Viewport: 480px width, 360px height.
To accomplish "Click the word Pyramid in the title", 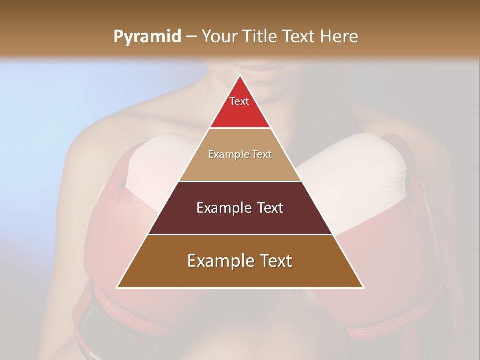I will [x=147, y=37].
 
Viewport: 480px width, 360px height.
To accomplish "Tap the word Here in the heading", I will [x=339, y=36].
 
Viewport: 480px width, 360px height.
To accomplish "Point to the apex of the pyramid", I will [x=240, y=76].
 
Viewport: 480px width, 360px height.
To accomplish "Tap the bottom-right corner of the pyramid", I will [x=363, y=287].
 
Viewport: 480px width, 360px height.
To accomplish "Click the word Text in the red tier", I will [x=239, y=101].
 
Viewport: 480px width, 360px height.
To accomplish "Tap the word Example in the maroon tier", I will [x=223, y=208].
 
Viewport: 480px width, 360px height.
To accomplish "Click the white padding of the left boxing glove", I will [x=150, y=165].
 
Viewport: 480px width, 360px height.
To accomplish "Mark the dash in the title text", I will [x=191, y=37].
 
